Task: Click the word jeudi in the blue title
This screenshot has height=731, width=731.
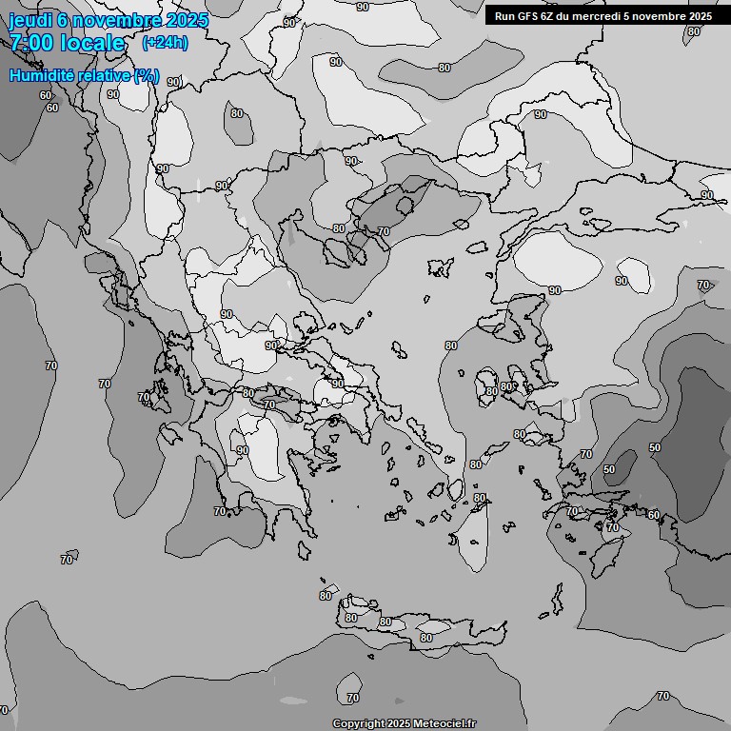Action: pyautogui.click(x=31, y=21)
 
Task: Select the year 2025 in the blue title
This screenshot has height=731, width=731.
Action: pyautogui.click(x=187, y=21)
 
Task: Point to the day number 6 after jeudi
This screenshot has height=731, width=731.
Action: pyautogui.click(x=63, y=21)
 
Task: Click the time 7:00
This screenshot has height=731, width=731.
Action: pyautogui.click(x=31, y=43)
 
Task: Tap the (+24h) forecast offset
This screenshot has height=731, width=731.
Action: pyautogui.click(x=165, y=42)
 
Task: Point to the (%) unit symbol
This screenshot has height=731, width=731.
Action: pyautogui.click(x=146, y=75)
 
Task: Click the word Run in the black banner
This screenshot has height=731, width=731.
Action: pyautogui.click(x=504, y=15)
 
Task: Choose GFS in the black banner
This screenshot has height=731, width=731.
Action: pyautogui.click(x=528, y=15)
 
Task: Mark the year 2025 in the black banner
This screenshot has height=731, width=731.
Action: pyautogui.click(x=701, y=15)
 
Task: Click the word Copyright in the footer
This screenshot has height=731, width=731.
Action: pyautogui.click(x=359, y=724)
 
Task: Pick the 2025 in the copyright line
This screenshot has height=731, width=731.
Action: pyautogui.click(x=399, y=724)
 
